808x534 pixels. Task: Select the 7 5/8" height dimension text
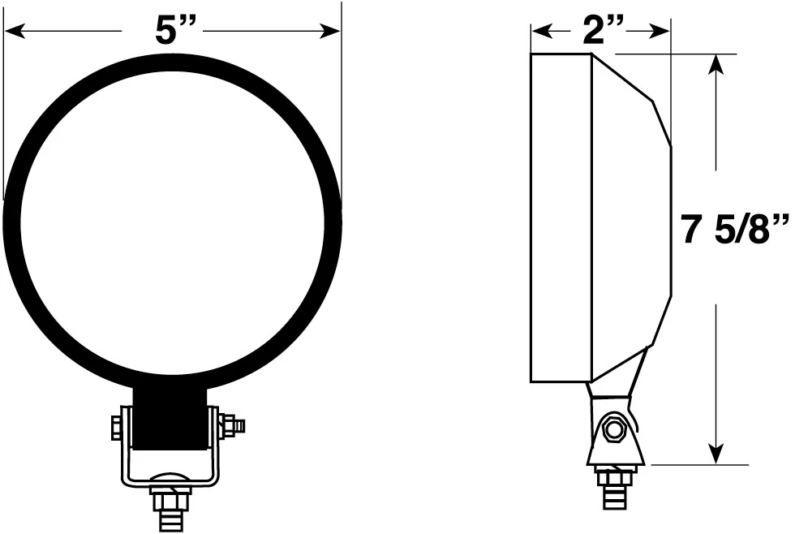735,230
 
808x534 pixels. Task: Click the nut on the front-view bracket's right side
229,424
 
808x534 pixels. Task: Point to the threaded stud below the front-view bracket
170,506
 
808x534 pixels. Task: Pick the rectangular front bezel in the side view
561,217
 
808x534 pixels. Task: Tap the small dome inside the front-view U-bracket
170,478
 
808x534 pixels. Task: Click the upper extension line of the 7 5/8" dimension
681,54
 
